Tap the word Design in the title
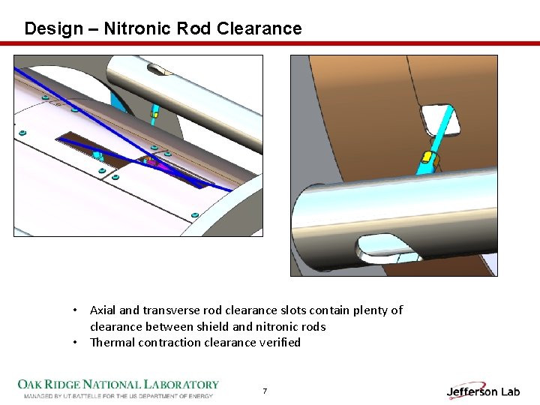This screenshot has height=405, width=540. click(x=53, y=28)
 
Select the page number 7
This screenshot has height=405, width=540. click(x=264, y=391)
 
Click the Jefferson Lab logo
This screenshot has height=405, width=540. click(x=483, y=391)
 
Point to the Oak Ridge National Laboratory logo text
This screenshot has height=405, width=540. click(x=118, y=385)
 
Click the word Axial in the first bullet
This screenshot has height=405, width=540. click(x=102, y=310)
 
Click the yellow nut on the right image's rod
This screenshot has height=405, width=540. click(x=427, y=157)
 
